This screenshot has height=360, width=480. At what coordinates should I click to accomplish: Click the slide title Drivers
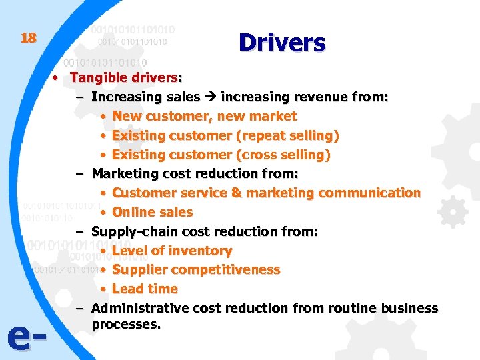click(282, 43)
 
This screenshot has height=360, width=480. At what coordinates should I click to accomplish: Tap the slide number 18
click(28, 38)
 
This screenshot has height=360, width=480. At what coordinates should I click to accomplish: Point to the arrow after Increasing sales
click(210, 97)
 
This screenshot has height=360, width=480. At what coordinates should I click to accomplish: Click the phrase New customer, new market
click(205, 117)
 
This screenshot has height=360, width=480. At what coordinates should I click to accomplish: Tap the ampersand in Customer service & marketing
click(237, 193)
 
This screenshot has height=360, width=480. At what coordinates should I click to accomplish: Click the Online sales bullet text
click(153, 213)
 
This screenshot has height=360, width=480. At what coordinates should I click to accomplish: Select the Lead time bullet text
click(145, 289)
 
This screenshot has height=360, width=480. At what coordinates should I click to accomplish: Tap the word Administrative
click(140, 309)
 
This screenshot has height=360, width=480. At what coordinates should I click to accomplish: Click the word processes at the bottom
click(126, 325)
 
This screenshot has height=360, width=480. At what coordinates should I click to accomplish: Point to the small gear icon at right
click(453, 213)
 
